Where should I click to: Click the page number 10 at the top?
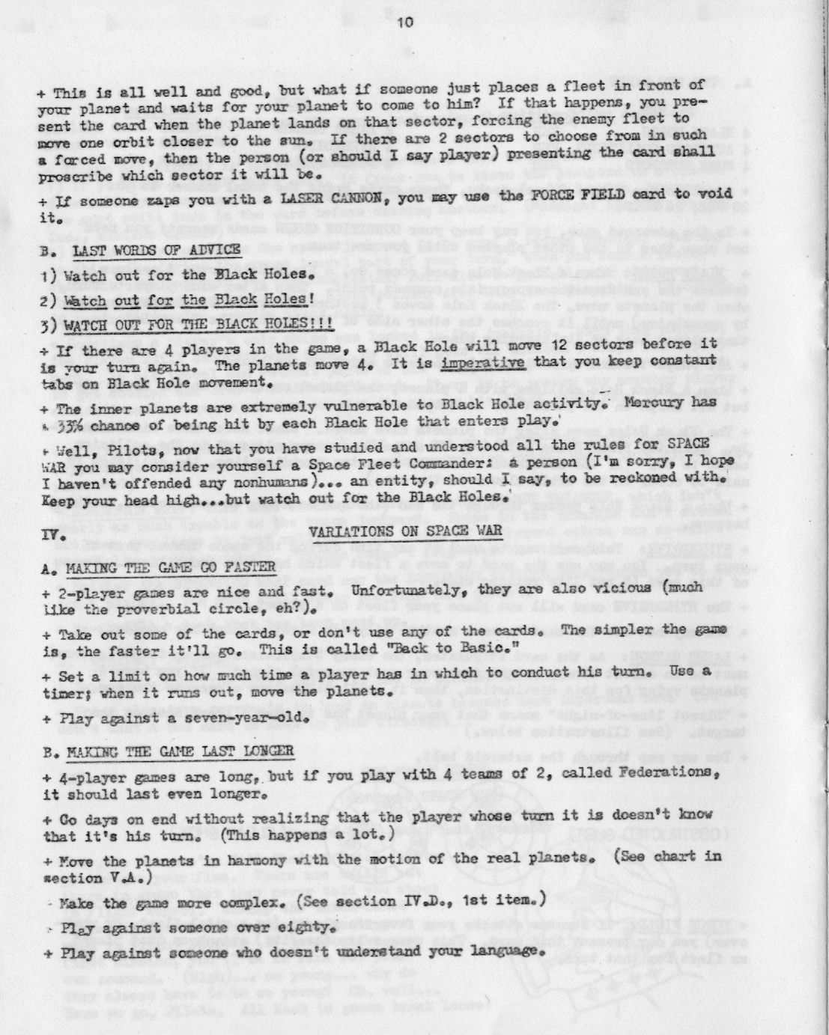pos(405,22)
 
